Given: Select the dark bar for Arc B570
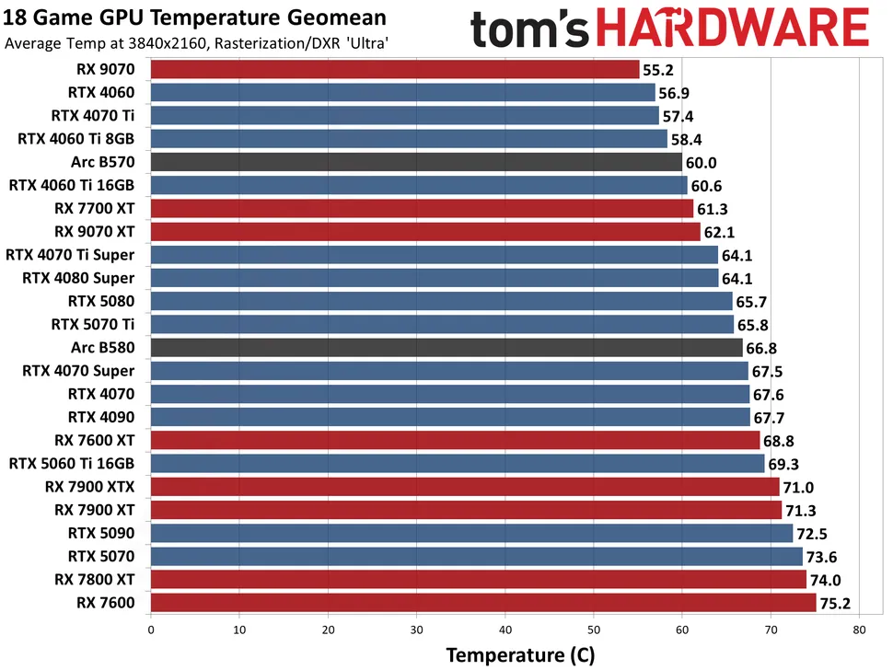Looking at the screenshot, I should [415, 162].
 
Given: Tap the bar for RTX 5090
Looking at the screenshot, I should [470, 533].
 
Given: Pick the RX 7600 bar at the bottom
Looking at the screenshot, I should [482, 603].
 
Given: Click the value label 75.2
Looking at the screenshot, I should [836, 604].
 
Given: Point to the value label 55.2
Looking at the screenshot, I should [659, 70].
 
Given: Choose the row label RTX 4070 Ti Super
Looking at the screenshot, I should [70, 254].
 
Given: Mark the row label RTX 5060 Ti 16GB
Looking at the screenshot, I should [71, 463].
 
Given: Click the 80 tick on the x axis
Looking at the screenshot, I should [859, 630].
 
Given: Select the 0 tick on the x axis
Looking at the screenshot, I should [150, 630].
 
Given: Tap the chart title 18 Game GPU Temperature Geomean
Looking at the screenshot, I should [196, 17].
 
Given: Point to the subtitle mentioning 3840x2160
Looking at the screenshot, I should [196, 42].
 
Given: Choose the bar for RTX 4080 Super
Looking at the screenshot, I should [434, 278].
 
